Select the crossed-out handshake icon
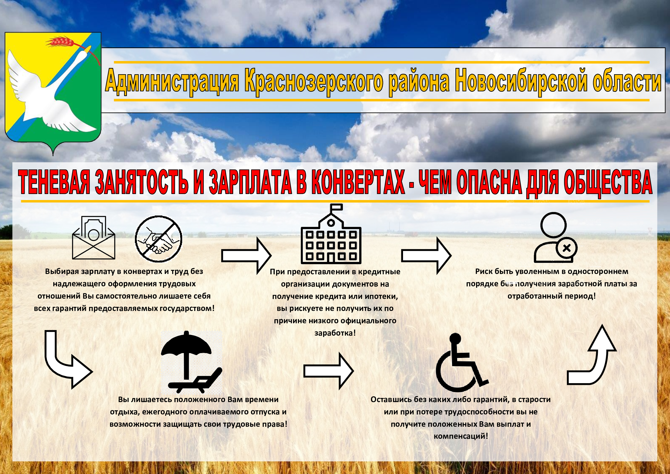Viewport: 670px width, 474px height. click(x=158, y=239)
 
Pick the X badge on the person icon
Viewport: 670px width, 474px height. click(x=567, y=248)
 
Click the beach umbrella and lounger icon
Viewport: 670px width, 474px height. click(x=191, y=363)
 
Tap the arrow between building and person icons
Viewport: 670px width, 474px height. click(x=426, y=256)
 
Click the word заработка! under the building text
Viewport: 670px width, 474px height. click(x=335, y=333)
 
